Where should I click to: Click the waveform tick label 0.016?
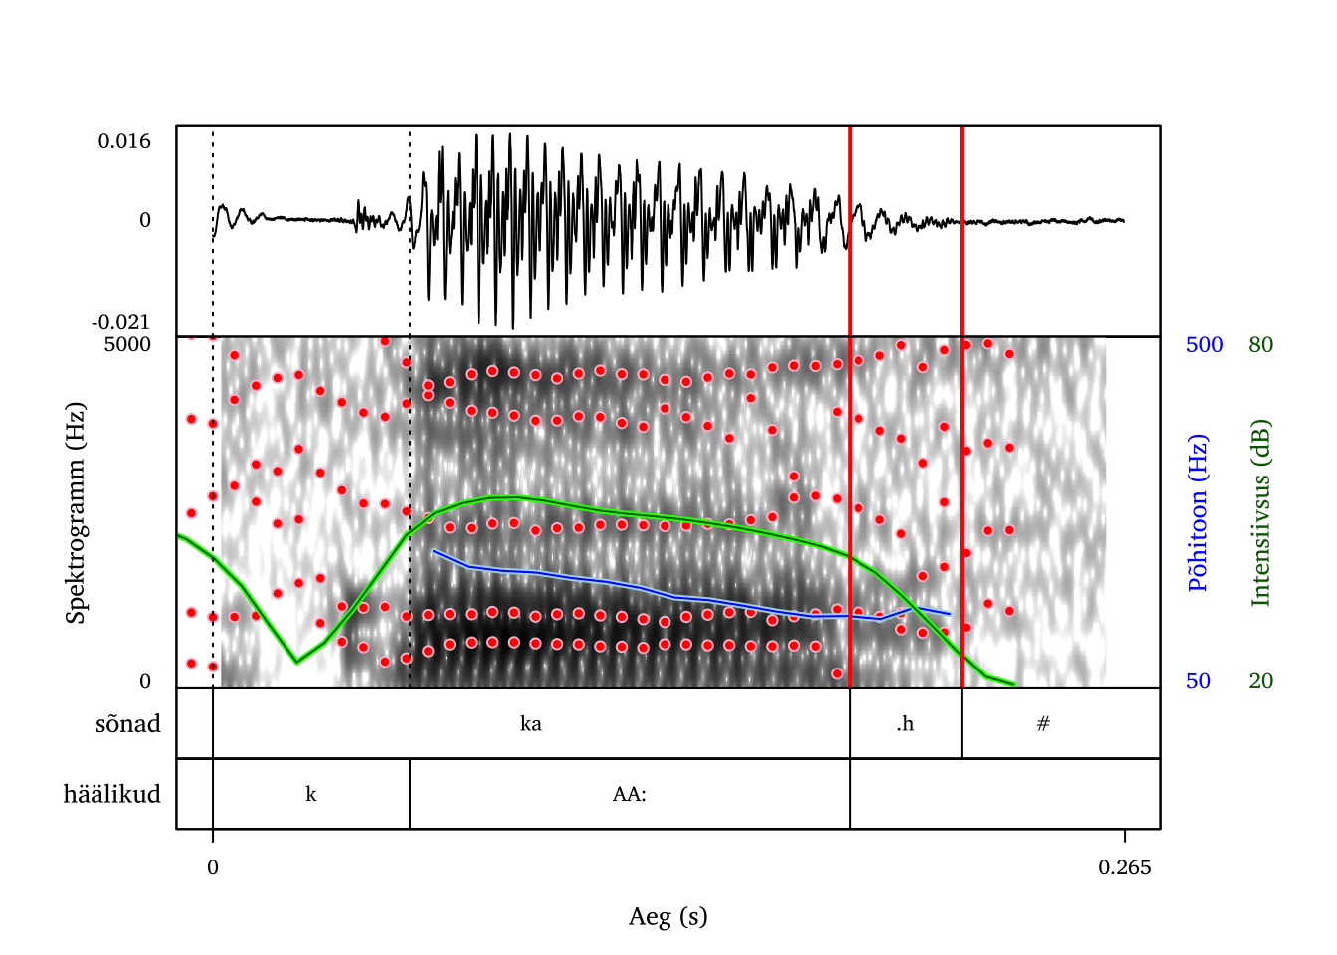coord(124,141)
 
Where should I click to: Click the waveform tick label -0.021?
coord(120,322)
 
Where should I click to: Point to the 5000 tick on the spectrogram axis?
coord(127,344)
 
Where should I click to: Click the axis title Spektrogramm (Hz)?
coord(76,512)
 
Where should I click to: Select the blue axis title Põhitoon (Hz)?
coord(1198,512)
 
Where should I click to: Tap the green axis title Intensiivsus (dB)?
coord(1261,512)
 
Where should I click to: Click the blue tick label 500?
coord(1204,344)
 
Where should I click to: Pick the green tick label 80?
coord(1260,344)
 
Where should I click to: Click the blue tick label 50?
coord(1198,681)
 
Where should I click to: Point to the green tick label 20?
coord(1260,681)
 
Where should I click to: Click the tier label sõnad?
coord(128,723)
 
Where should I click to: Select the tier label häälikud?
coord(111,794)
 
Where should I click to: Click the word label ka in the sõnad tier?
coord(531,723)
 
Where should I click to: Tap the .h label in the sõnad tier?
coord(904,723)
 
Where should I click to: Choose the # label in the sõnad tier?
coord(1043,723)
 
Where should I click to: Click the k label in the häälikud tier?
coord(311,794)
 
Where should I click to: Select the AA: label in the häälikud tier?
coord(630,794)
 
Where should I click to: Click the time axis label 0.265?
coord(1125,867)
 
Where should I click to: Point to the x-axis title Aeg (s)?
coord(668,916)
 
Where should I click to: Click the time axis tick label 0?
coord(213,867)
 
